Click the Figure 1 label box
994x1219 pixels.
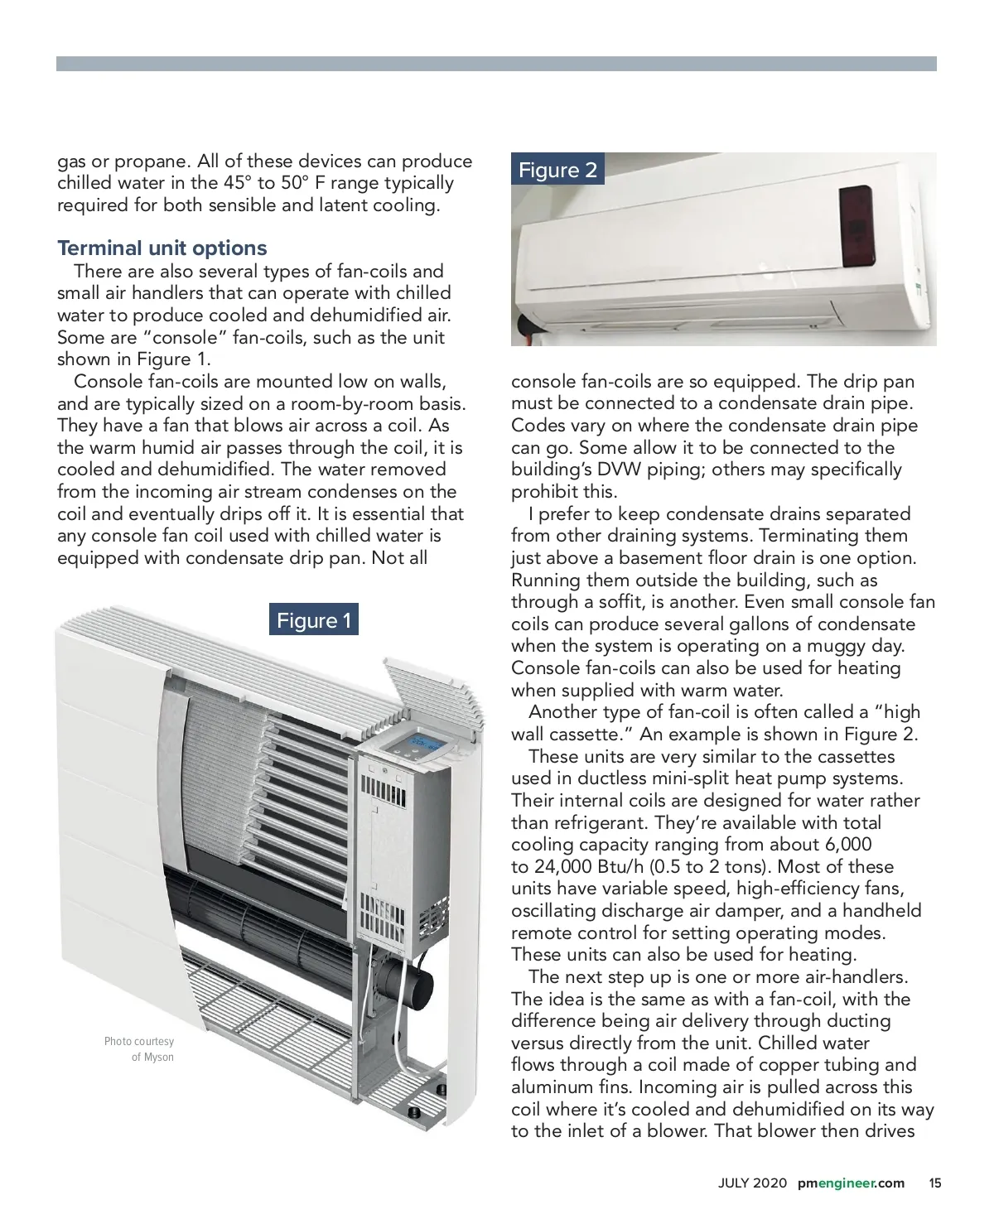[313, 620]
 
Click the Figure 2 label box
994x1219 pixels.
[557, 171]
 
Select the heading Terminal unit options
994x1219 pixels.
[162, 248]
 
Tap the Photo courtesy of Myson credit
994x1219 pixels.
[139, 1049]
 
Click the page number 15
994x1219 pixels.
[935, 1183]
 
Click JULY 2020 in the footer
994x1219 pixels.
[752, 1183]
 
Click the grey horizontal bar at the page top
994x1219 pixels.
[496, 64]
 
